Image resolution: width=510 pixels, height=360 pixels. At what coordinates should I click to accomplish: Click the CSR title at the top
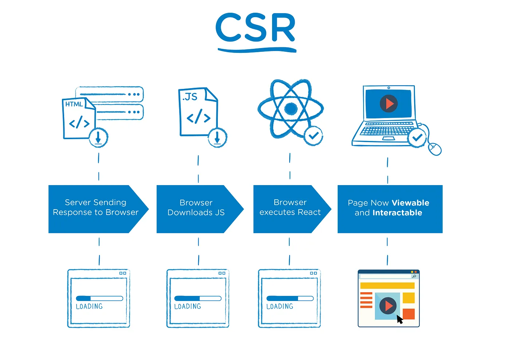coord(255,28)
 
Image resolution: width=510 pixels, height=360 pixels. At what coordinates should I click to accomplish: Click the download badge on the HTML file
coord(98,138)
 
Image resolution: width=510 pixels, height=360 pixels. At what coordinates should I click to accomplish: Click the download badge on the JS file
coord(217,137)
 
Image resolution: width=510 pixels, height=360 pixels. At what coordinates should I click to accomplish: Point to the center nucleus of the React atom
coord(290,108)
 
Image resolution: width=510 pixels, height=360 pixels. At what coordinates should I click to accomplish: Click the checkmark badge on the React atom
coord(313,136)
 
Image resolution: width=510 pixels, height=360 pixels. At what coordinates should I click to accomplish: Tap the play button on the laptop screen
coord(389,103)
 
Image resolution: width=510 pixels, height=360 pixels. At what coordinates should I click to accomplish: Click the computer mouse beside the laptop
coord(435,149)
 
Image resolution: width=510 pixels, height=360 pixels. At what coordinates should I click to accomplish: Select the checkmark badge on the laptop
coord(417,138)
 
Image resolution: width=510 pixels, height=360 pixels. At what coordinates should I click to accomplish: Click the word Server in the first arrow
coord(78,202)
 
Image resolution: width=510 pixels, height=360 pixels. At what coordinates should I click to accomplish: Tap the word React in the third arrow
coord(309,212)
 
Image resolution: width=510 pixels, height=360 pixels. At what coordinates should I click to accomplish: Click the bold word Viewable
coord(411,203)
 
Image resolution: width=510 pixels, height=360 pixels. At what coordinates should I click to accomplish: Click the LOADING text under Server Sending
coord(89,306)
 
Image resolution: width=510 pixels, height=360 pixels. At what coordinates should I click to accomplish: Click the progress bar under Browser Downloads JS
coord(198,298)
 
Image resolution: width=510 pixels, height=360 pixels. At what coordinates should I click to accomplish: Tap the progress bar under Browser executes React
coord(290,298)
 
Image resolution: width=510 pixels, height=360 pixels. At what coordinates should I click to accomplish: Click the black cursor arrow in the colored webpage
coord(400,320)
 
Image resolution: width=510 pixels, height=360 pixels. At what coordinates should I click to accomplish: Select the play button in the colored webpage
coord(388,305)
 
